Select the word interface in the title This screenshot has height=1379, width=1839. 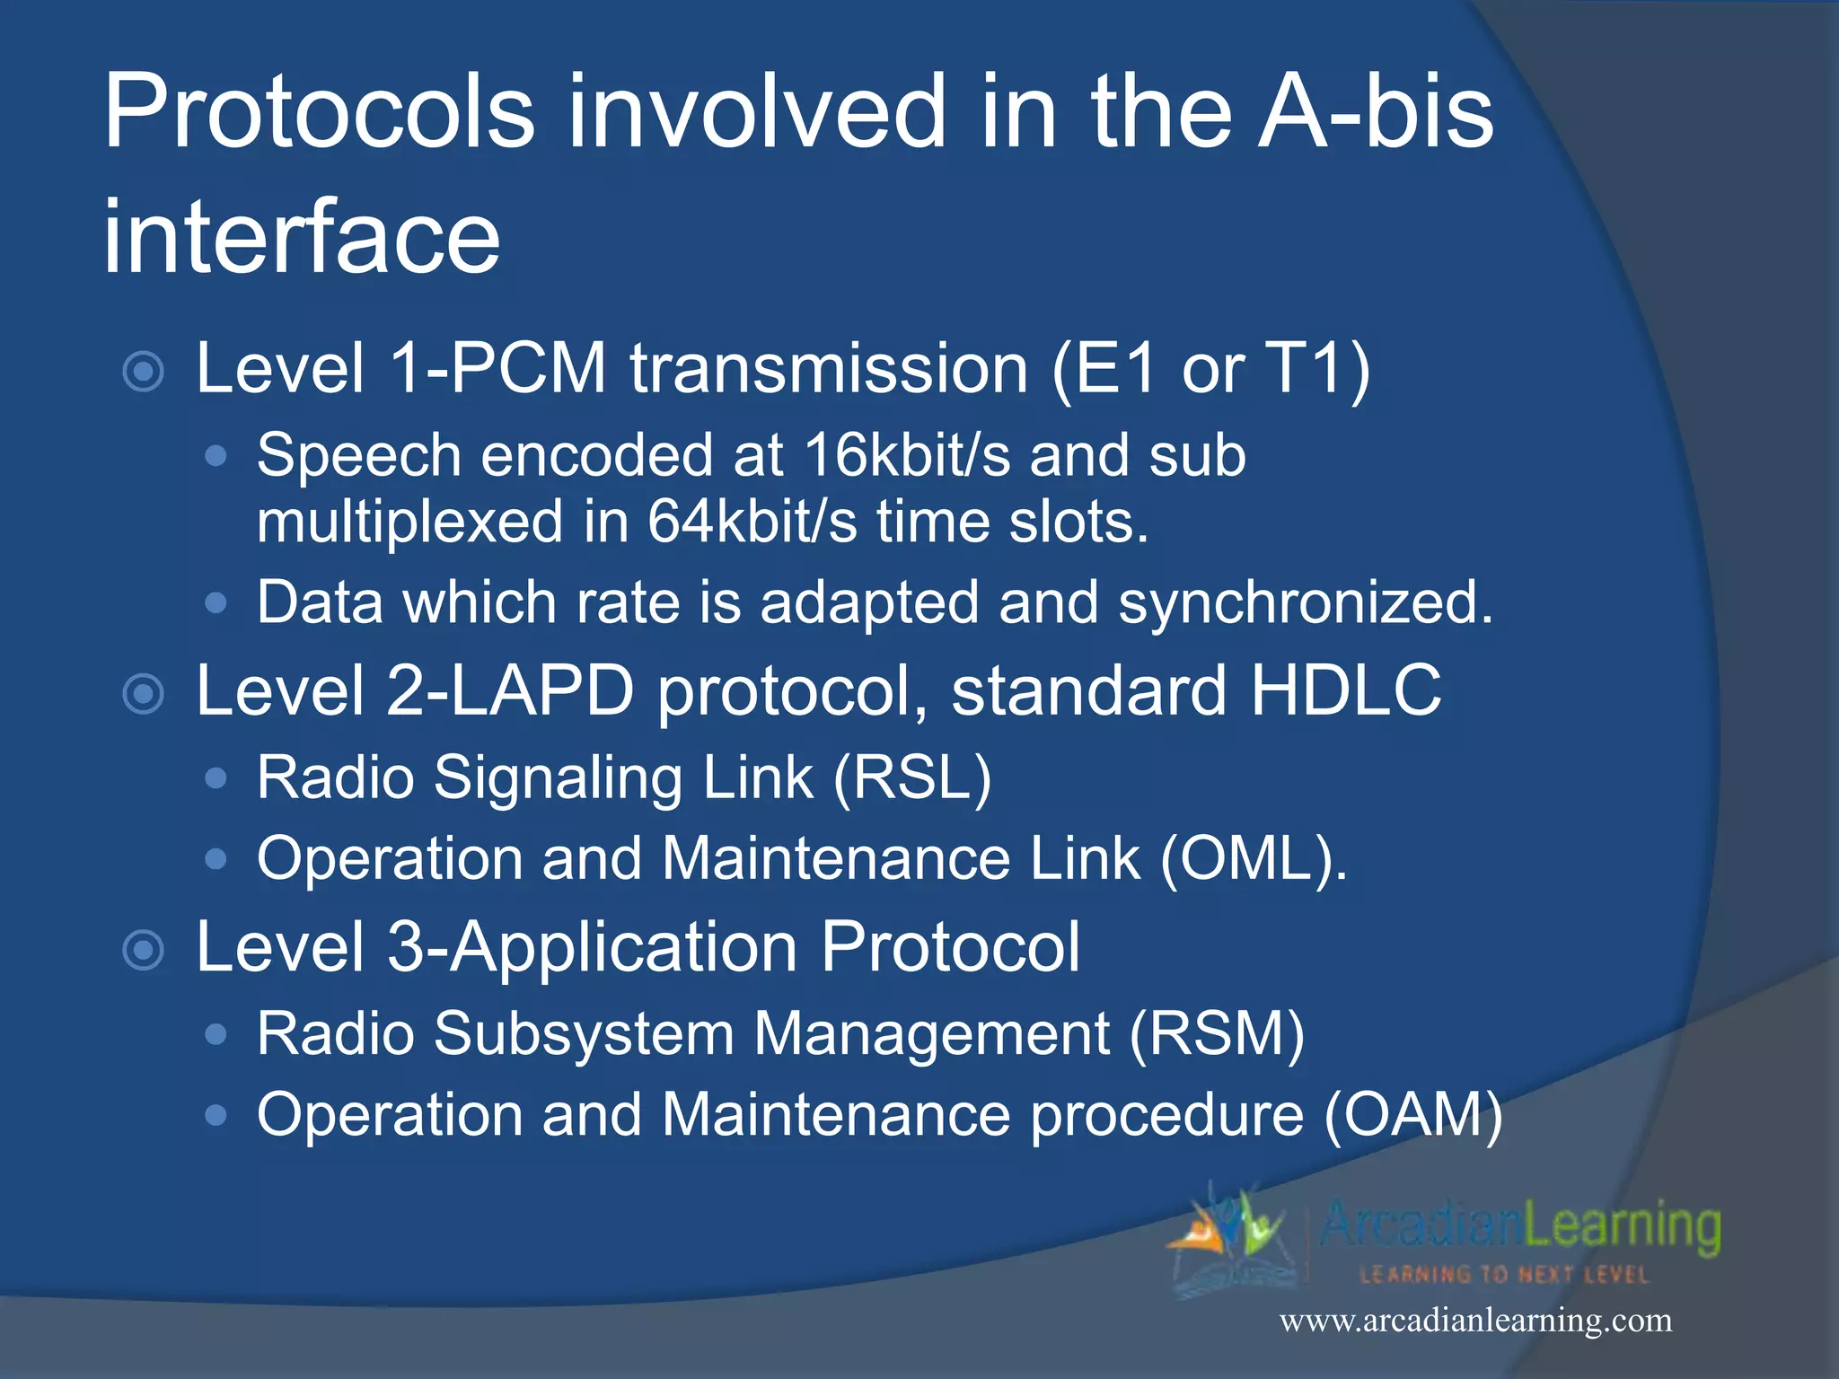click(302, 238)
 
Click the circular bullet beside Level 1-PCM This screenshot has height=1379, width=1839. click(144, 372)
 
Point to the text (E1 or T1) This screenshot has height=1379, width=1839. click(1210, 369)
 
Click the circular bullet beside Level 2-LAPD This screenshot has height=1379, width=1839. click(144, 693)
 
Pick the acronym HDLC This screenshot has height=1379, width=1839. click(1346, 690)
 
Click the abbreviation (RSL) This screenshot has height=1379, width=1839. click(912, 777)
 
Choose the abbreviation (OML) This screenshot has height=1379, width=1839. click(1254, 859)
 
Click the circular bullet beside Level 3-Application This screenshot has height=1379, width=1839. click(144, 950)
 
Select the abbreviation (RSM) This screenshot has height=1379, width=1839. click(1217, 1034)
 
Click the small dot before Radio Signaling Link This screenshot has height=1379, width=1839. click(216, 778)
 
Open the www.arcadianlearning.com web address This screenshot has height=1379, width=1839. click(1475, 1321)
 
